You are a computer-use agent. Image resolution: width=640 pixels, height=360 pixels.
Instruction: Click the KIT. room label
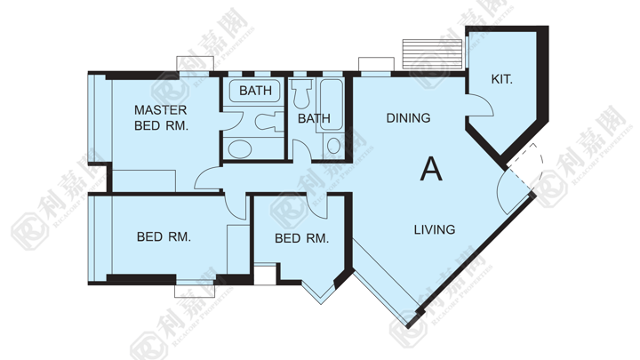click(501, 79)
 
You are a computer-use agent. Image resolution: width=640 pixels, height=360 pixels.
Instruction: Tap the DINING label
click(408, 118)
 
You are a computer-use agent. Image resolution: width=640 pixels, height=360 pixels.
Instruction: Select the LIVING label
click(435, 229)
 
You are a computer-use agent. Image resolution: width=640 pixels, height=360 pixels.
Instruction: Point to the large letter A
click(431, 169)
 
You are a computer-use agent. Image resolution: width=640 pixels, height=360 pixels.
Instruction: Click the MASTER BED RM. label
click(161, 117)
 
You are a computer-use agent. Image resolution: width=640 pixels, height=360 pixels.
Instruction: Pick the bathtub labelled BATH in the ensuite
click(255, 90)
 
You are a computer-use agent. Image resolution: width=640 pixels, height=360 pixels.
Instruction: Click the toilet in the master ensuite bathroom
click(269, 122)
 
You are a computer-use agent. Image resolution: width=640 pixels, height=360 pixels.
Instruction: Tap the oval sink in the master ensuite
click(240, 149)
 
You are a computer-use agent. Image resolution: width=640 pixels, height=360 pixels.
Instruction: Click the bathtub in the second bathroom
click(331, 105)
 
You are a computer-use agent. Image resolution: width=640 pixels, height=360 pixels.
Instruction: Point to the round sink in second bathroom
click(333, 146)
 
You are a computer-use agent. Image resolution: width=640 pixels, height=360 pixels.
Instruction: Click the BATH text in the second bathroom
click(314, 118)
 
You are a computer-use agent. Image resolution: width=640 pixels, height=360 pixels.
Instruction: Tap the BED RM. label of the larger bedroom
click(164, 236)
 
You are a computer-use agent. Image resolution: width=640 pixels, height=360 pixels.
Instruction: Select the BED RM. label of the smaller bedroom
click(301, 238)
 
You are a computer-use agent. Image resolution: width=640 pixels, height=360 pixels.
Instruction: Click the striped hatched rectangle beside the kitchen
click(432, 54)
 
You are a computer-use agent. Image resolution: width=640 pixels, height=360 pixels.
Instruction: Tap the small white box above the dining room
click(376, 64)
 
